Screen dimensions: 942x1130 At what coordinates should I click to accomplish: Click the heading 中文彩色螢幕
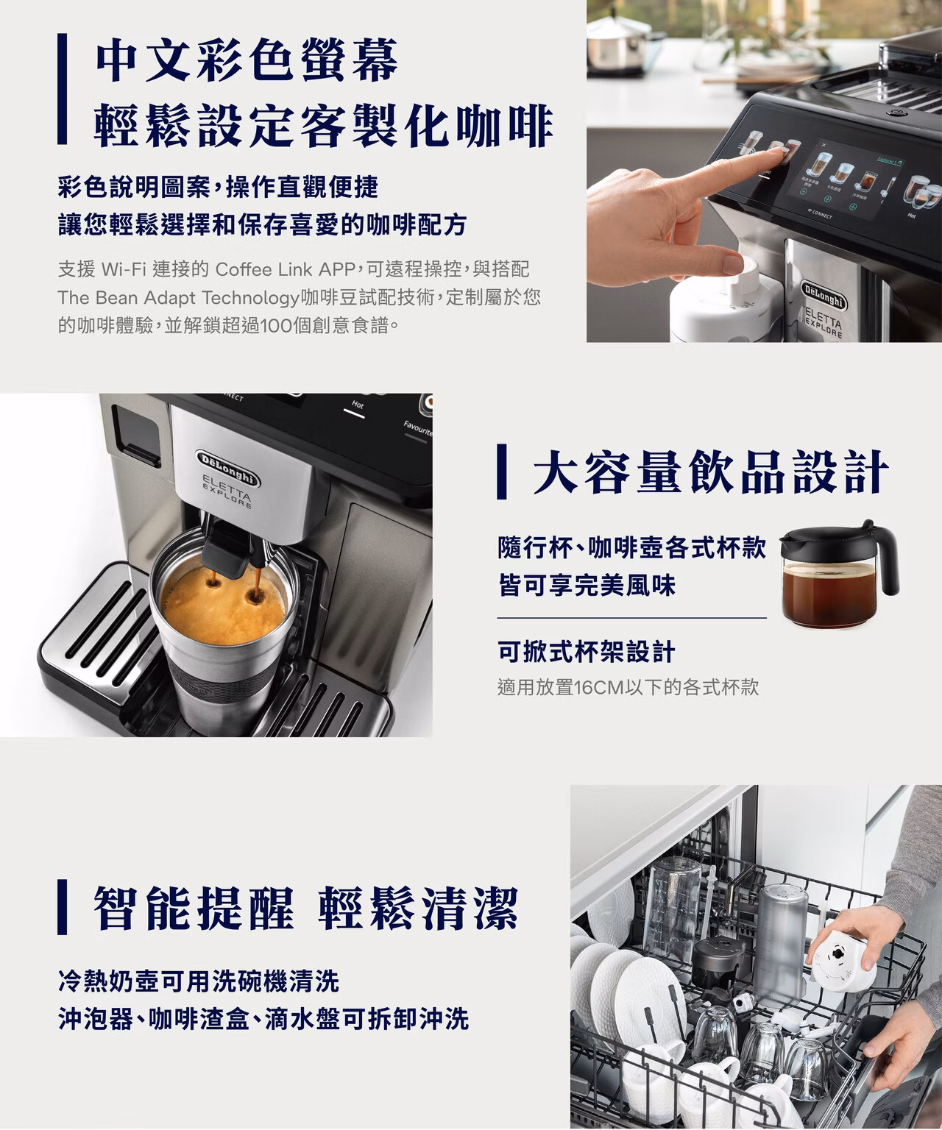point(247,60)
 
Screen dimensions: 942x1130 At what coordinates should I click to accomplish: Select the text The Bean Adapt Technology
point(179,298)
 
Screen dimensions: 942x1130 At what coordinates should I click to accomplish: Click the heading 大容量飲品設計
point(711,472)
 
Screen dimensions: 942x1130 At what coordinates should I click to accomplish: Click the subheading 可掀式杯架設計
point(587,651)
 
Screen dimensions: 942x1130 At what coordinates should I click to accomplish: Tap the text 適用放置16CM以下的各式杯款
point(628,687)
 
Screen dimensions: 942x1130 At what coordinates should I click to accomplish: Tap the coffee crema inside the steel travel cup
point(223,605)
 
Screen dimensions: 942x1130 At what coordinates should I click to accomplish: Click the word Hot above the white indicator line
point(358,405)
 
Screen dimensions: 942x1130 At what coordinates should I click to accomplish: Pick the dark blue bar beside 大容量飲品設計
point(502,472)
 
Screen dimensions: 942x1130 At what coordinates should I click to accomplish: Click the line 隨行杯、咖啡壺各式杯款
point(631,547)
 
